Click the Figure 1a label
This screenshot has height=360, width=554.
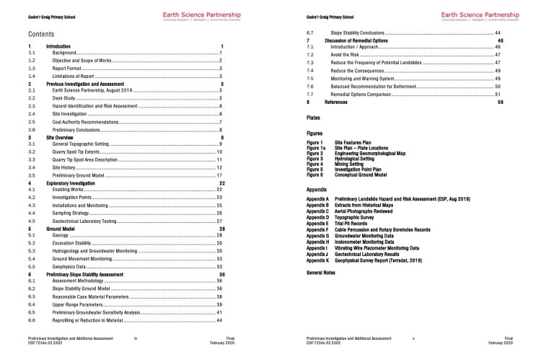[317, 147]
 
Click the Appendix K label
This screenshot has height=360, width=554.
[317, 258]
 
